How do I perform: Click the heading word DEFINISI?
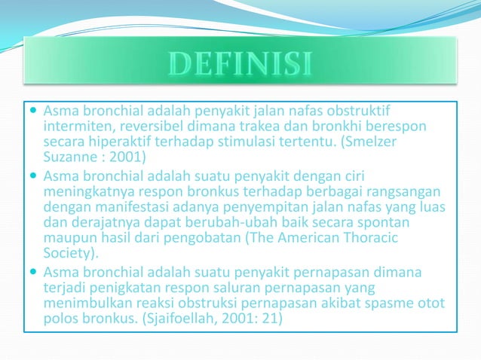click(x=240, y=63)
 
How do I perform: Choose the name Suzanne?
click(x=70, y=158)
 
